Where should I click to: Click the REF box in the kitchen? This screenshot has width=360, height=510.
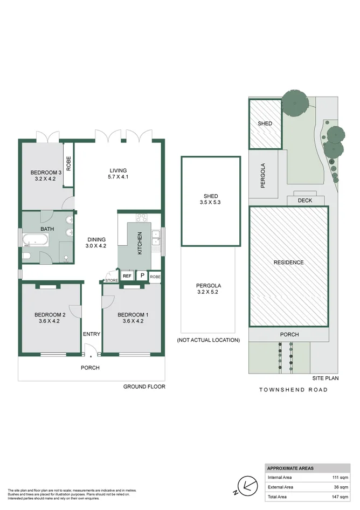(127, 275)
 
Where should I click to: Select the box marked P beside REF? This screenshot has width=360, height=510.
(142, 275)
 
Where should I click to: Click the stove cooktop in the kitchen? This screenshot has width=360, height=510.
(142, 218)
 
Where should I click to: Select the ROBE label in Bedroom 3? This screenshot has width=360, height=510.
(68, 164)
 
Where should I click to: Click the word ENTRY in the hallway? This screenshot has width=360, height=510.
(92, 334)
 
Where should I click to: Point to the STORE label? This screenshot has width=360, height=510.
(112, 280)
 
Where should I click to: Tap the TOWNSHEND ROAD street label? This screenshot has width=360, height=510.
(293, 389)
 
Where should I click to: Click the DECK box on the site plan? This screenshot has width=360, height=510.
(305, 200)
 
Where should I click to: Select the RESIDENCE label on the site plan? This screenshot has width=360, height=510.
(288, 263)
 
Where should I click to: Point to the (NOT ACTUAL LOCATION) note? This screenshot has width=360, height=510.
(207, 340)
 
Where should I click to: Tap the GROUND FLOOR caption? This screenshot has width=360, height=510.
(144, 387)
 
